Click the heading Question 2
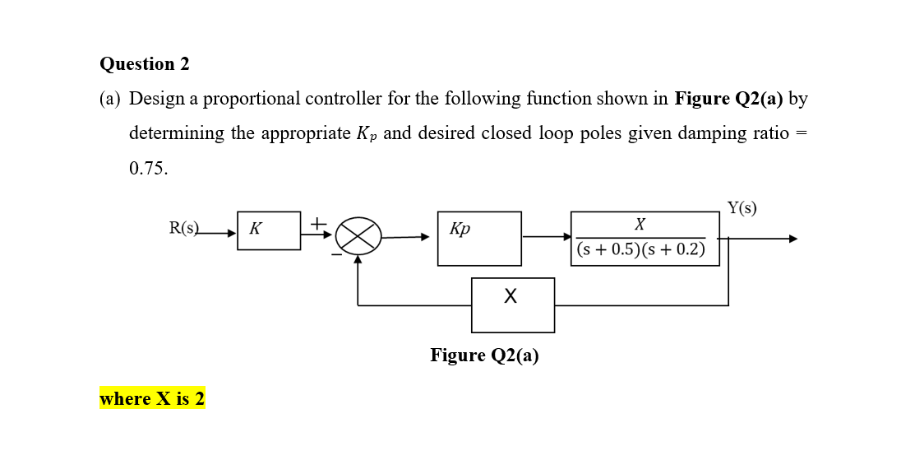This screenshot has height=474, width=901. [144, 64]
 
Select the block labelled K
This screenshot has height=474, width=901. [269, 230]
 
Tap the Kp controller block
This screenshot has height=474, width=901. [479, 239]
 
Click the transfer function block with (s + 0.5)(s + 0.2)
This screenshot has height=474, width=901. [645, 239]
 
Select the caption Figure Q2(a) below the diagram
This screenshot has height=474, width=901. [484, 355]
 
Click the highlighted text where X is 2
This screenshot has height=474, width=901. [152, 399]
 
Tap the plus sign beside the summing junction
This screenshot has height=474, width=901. [317, 222]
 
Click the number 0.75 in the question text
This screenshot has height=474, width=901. [148, 168]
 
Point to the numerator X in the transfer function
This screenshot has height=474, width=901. [640, 224]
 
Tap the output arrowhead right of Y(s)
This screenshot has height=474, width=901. [792, 239]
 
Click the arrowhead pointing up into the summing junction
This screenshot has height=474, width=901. [358, 259]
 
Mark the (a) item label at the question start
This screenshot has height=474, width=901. [110, 99]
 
